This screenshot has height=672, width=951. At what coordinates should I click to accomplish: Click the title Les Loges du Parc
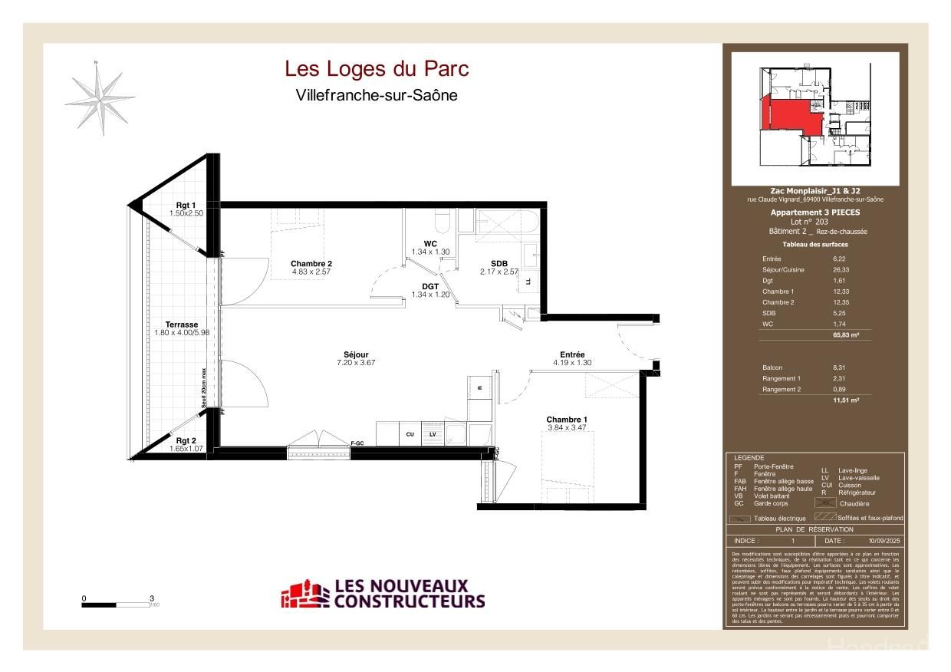click(377, 69)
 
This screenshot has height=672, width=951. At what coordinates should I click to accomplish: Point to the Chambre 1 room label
click(567, 419)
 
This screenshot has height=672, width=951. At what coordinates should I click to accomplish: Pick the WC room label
click(430, 244)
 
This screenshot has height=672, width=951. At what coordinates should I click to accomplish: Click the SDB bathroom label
click(499, 263)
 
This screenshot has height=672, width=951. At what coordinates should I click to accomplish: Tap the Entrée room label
click(572, 354)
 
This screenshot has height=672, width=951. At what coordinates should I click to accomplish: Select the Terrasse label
click(182, 324)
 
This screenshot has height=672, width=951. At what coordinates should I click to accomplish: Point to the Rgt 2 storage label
click(186, 440)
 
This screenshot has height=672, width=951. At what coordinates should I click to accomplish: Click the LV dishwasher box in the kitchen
click(433, 434)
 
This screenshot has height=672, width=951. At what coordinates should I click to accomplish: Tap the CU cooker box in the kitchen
click(410, 434)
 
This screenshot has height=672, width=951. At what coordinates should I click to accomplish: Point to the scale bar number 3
click(152, 598)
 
